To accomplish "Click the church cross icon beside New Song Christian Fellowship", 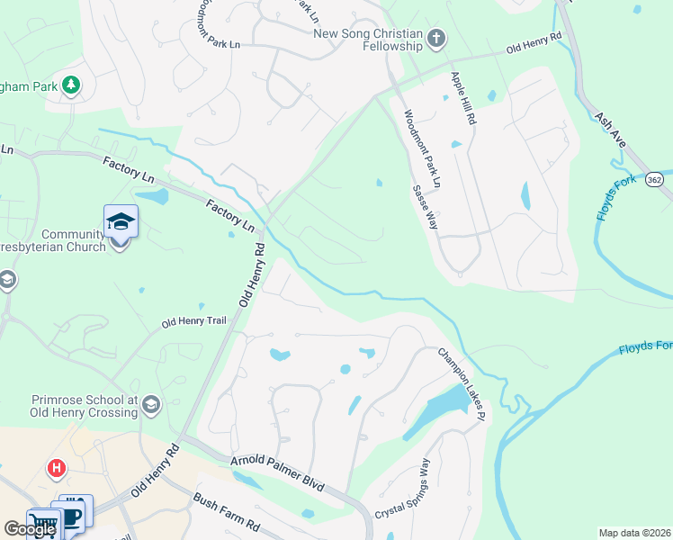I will coord(436,39).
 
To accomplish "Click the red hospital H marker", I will coord(57,469).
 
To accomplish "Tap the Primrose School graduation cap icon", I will coord(150,405).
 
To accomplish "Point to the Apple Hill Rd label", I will coord(462,98).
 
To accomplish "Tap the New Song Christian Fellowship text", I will coord(367,40).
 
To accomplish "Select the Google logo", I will coord(30,529).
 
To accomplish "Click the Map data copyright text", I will coord(634,533).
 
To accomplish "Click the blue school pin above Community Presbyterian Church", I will coord(121,222).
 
